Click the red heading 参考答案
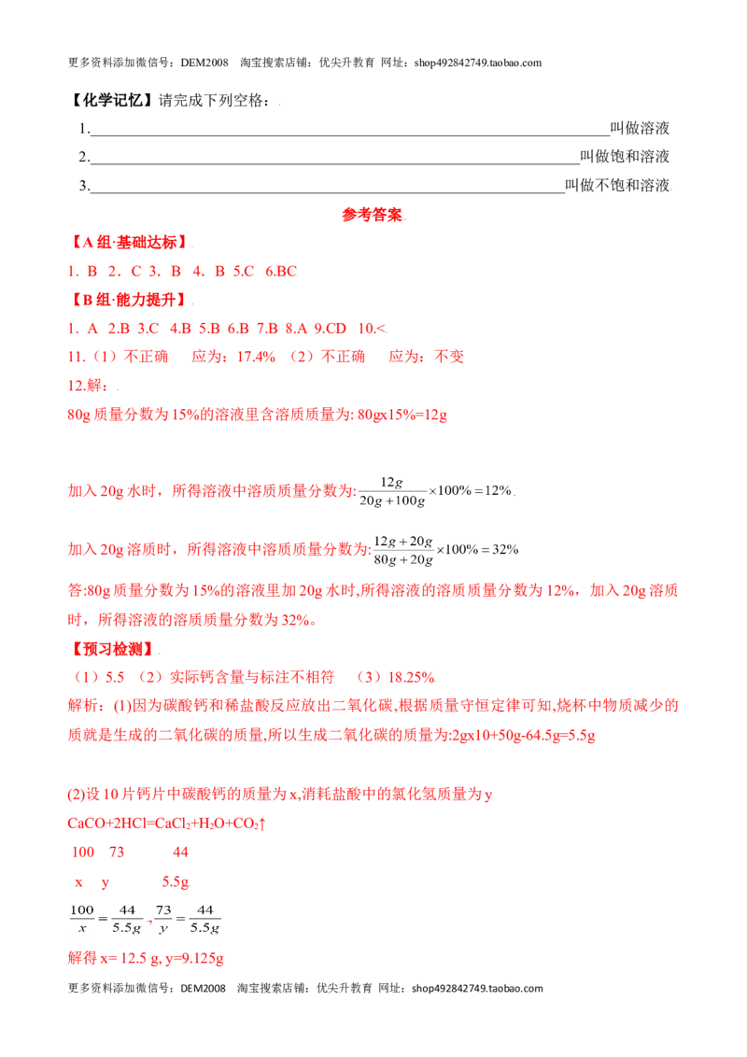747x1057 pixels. tap(372, 215)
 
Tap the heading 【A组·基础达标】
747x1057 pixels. tap(130, 242)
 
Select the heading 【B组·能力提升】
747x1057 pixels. tap(130, 300)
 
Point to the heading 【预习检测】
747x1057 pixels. tap(112, 649)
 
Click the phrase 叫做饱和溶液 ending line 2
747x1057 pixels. tap(625, 156)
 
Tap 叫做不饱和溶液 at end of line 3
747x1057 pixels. tap(617, 186)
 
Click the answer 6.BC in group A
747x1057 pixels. tap(280, 271)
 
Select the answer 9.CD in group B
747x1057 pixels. tap(331, 329)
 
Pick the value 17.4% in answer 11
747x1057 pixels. tap(256, 357)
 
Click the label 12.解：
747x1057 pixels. tap(89, 386)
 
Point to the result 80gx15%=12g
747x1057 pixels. tap(402, 415)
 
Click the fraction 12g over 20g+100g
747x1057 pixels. tap(391, 491)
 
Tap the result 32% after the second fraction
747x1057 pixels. tap(506, 549)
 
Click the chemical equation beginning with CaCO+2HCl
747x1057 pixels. tap(166, 823)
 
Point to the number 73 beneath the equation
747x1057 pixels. tap(117, 853)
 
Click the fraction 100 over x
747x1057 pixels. tap(81, 919)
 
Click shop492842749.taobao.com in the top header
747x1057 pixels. tap(478, 63)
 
